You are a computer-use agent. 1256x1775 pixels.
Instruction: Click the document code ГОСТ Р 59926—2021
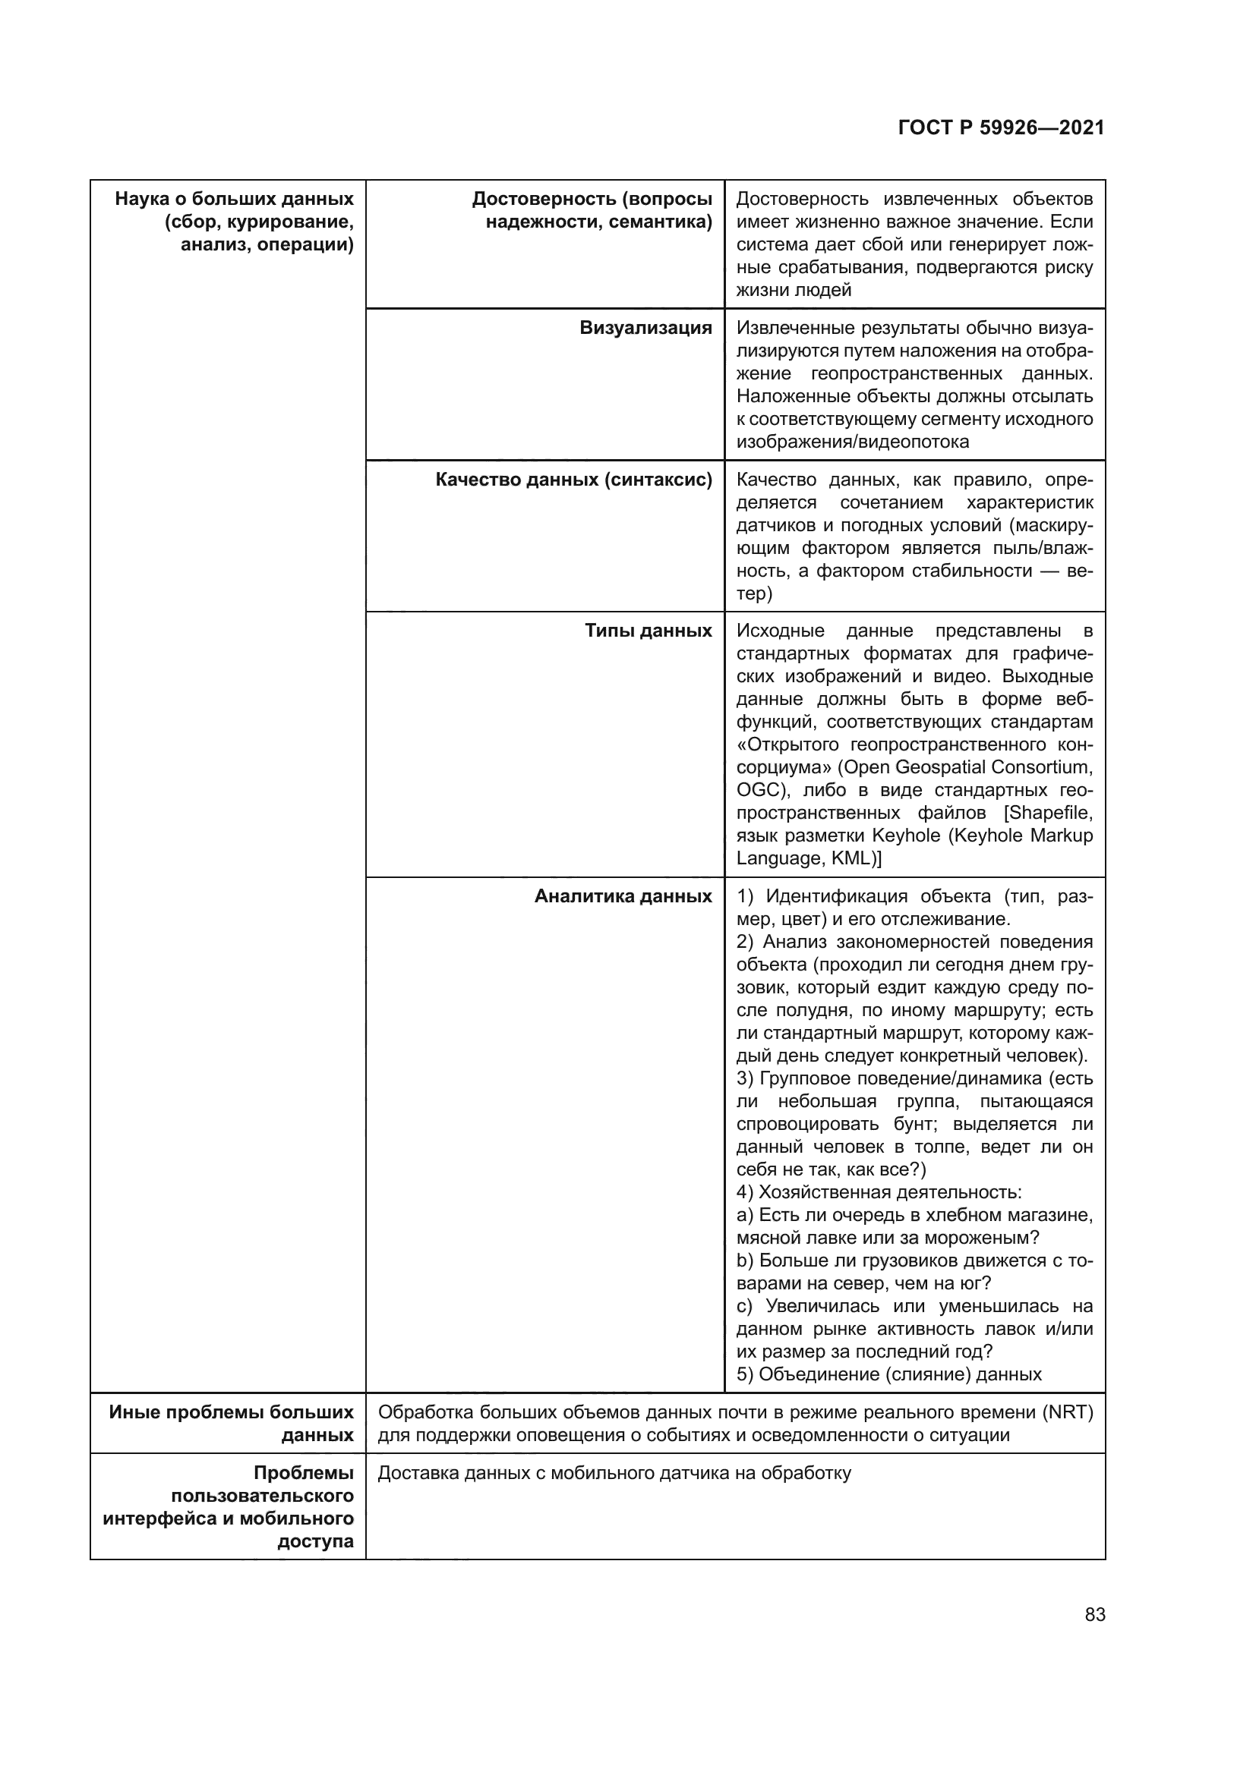coord(1001,128)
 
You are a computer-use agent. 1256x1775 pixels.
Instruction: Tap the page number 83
coord(1094,1614)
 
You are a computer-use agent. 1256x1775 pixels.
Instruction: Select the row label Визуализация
coord(645,328)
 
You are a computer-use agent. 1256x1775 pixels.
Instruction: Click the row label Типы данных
coord(648,631)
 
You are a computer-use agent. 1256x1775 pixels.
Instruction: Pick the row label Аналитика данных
coord(623,896)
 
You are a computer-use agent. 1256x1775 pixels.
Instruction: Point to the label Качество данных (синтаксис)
coord(573,480)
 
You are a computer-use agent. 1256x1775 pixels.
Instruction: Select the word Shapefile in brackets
coord(1050,813)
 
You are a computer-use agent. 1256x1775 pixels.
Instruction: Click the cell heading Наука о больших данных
coord(235,199)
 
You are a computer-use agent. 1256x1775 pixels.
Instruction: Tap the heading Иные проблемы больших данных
coord(232,1423)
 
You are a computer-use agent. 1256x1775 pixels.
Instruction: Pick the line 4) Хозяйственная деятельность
coord(879,1192)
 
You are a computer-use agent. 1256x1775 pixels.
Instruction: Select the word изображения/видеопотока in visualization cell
coord(852,442)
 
